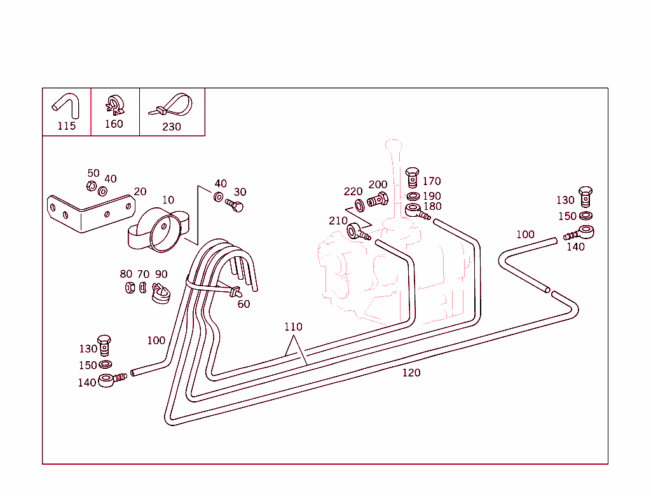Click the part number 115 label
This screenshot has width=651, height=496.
(66, 126)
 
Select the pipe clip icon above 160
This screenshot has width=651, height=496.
(114, 105)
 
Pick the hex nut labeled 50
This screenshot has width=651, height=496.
(92, 186)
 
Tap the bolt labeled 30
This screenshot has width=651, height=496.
(235, 205)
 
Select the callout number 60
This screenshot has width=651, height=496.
(243, 304)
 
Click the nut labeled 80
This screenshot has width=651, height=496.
(130, 287)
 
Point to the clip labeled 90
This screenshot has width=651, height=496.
(161, 293)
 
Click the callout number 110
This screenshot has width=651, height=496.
(293, 327)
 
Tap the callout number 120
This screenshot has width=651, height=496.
(411, 373)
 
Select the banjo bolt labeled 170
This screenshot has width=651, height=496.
(412, 177)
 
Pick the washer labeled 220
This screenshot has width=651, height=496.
(360, 205)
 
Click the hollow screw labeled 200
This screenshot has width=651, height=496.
(378, 200)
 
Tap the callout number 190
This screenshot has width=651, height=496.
(432, 196)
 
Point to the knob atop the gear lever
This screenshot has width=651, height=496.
(393, 145)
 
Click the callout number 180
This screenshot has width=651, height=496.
(432, 207)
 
